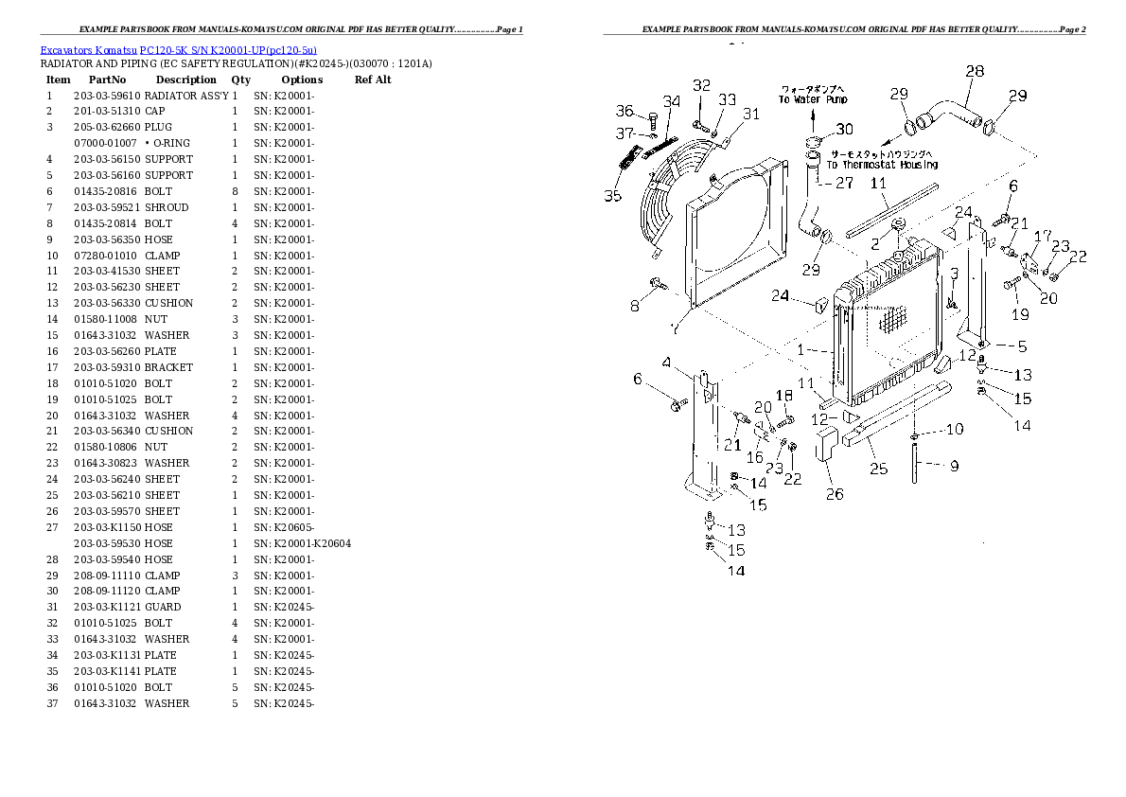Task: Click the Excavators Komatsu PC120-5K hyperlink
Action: click(178, 48)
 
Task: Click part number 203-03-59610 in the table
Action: click(107, 96)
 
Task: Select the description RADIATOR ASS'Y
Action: click(186, 96)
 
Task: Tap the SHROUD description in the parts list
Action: click(167, 207)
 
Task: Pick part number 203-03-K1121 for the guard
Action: click(107, 607)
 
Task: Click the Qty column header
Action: click(241, 80)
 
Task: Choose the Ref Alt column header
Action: click(373, 80)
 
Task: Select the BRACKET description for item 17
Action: click(168, 367)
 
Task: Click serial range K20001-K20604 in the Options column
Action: click(303, 543)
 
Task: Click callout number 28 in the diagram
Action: click(974, 71)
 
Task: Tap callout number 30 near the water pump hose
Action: click(844, 130)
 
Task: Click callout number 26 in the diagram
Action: click(834, 493)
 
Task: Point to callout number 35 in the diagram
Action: click(613, 197)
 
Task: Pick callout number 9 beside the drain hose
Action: click(954, 465)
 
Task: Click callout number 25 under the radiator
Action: click(878, 469)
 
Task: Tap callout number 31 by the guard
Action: click(750, 115)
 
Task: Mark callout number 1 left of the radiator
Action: click(801, 350)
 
